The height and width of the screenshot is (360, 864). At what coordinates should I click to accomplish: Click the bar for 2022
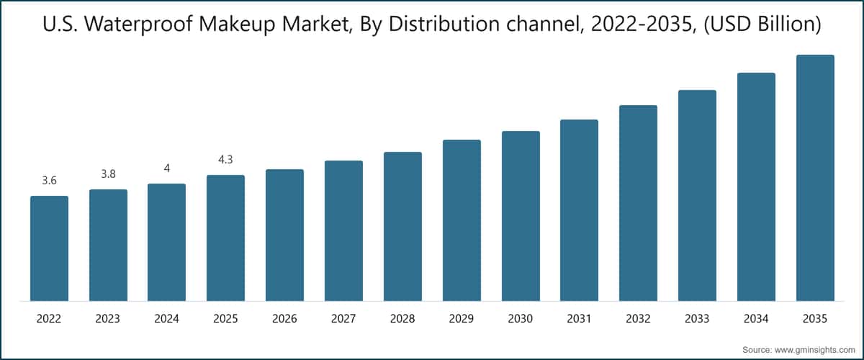click(x=49, y=248)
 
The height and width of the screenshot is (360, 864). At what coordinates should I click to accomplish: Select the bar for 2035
click(x=815, y=178)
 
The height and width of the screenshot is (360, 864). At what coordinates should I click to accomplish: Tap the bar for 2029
click(x=462, y=220)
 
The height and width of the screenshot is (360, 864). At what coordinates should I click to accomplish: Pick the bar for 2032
click(x=638, y=203)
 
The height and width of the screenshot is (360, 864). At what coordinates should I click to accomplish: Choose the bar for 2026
click(x=284, y=235)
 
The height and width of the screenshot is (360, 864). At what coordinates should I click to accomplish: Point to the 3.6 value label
click(x=49, y=181)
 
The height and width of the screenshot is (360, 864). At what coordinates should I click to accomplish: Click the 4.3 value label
click(x=225, y=160)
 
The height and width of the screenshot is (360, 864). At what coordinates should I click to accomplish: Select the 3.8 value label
click(x=108, y=174)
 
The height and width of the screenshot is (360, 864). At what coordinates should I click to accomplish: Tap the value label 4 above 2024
click(x=166, y=168)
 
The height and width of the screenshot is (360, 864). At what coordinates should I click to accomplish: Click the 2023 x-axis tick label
click(x=108, y=318)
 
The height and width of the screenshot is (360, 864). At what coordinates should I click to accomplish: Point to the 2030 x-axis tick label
click(x=521, y=318)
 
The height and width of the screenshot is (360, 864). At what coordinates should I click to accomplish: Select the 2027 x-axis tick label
click(x=343, y=318)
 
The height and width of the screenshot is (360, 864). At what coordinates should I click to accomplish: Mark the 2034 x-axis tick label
click(x=756, y=318)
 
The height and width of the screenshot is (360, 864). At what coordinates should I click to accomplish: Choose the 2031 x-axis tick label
click(x=580, y=318)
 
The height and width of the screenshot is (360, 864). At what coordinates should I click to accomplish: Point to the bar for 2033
click(x=697, y=195)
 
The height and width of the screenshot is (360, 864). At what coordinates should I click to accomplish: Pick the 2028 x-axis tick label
click(x=402, y=318)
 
